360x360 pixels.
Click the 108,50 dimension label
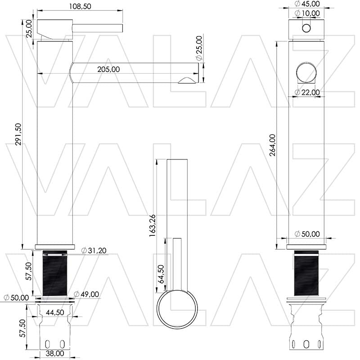pos(80,6)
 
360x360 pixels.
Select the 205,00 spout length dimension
pos(108,69)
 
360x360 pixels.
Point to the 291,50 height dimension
pos(18,134)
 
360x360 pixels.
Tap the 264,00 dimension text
pos(273,145)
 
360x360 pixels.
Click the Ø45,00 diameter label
pos(307,4)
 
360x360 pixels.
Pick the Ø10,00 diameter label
pos(307,13)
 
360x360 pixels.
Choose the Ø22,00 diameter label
pos(307,92)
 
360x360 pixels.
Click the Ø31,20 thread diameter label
pos(94,250)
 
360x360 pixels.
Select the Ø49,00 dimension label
pos(86,294)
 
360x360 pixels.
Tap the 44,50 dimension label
pos(55,312)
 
